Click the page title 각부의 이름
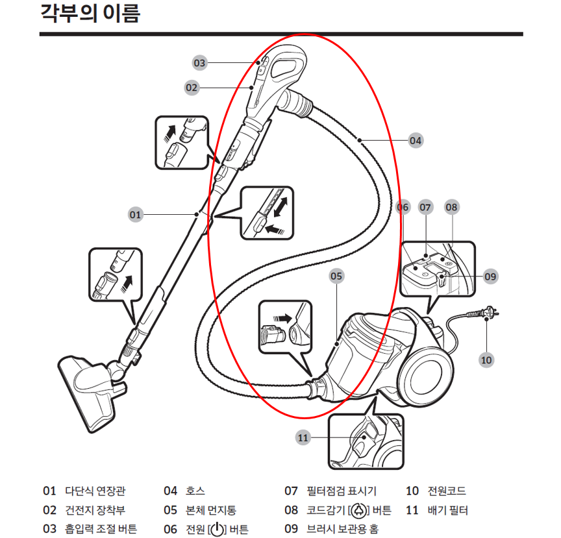coord(90,14)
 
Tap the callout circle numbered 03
coord(199,63)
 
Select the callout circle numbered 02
coord(191,87)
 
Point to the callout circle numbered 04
coord(416,140)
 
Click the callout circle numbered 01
coord(135,214)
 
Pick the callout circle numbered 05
coord(336,276)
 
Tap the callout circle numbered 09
coord(490,276)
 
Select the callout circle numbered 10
coord(486,358)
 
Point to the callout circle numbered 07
coord(425,208)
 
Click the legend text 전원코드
coord(447,491)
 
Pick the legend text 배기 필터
coord(447,510)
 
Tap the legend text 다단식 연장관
coord(95,491)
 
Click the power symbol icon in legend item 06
coord(218,530)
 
